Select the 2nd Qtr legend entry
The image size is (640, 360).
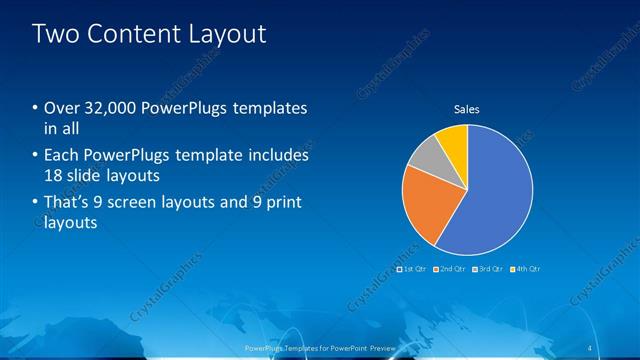pyautogui.click(x=449, y=269)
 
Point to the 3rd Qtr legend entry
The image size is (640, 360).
pyautogui.click(x=487, y=269)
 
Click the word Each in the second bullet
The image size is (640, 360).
pyautogui.click(x=62, y=156)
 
